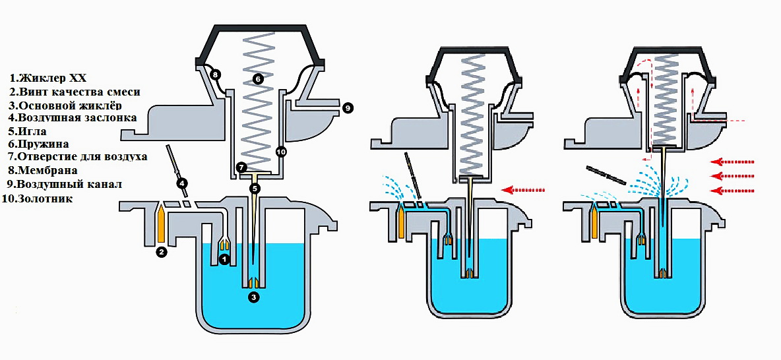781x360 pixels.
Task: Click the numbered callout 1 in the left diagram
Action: click(x=224, y=260)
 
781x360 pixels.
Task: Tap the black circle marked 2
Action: click(x=160, y=251)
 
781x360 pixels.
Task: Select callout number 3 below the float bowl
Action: click(x=254, y=297)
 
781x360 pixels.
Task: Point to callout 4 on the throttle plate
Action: click(x=181, y=183)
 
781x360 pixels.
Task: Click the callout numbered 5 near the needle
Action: click(x=255, y=189)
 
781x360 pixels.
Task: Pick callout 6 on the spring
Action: click(x=258, y=78)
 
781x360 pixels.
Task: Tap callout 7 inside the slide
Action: click(x=241, y=167)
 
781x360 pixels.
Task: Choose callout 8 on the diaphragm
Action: click(x=216, y=75)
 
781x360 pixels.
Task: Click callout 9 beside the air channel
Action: click(x=348, y=107)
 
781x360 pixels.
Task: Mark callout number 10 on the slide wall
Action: click(x=280, y=152)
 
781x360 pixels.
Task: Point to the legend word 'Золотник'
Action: click(x=46, y=198)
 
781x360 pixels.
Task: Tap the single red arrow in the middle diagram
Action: click(x=517, y=190)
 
